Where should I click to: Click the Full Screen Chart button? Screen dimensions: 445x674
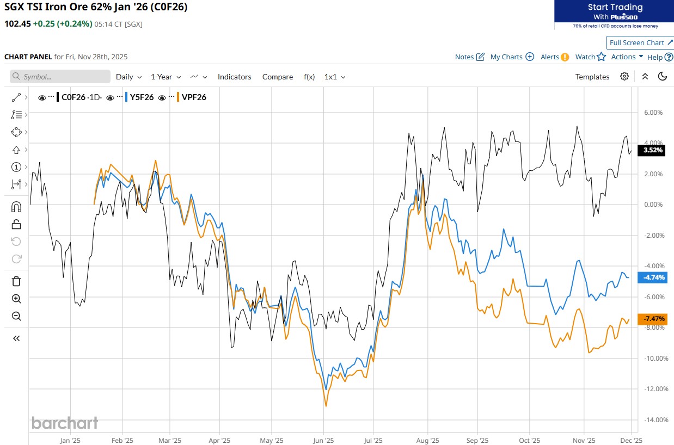point(640,43)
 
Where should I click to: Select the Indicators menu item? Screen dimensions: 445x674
point(234,77)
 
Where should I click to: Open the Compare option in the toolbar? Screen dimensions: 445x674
point(277,77)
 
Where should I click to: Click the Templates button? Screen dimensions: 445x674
point(592,77)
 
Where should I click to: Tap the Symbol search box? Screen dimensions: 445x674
point(60,77)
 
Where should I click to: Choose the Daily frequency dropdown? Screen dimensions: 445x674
point(128,77)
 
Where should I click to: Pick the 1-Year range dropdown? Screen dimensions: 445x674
point(166,77)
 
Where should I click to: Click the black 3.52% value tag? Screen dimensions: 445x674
point(653,151)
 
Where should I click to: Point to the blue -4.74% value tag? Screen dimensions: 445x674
point(653,277)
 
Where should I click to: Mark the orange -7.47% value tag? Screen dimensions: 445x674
point(653,319)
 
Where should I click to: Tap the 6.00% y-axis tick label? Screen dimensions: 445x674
point(653,113)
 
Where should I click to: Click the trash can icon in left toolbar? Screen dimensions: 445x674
point(16,281)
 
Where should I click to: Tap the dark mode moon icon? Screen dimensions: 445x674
point(663,77)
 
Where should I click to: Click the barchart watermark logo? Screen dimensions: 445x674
point(65,423)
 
